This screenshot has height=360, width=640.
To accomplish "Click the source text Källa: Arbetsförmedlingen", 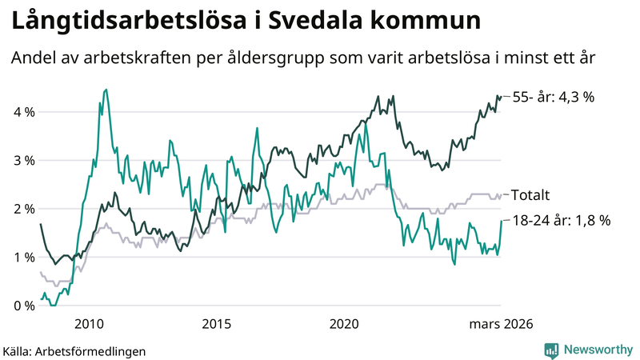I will (75, 350).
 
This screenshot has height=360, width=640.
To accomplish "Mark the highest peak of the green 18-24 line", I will (106, 90).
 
